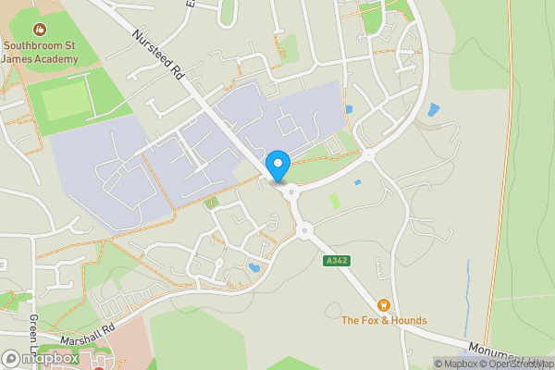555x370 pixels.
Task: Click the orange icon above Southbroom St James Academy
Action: coord(39,30)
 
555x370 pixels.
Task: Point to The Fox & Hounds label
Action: coord(384,320)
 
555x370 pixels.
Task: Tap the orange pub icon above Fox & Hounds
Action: coord(383,304)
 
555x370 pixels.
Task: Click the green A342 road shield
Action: coord(337,262)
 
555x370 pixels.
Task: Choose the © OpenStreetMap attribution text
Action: coord(522,364)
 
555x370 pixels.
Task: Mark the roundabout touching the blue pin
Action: coord(291,192)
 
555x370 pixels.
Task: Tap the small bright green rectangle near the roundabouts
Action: coord(335,201)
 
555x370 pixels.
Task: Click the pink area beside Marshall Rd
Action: coord(129,347)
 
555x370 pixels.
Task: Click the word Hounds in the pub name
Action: coord(406,320)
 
